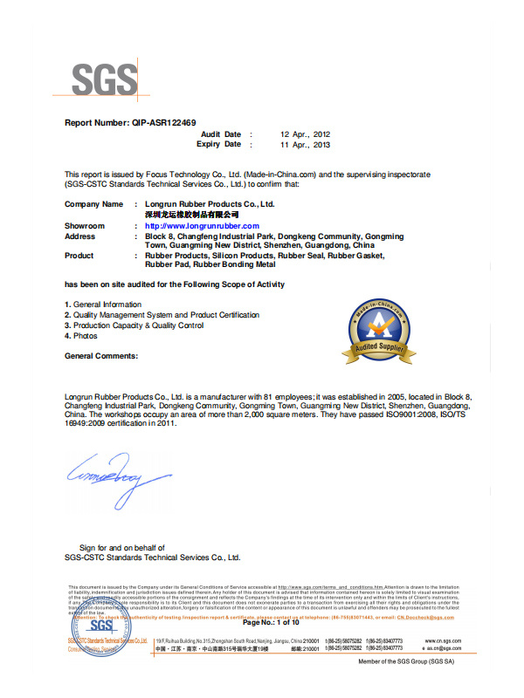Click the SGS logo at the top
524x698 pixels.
(x=104, y=80)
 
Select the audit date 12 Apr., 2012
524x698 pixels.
(x=305, y=134)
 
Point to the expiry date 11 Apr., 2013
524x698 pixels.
(x=305, y=145)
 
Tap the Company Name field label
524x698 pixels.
(x=93, y=203)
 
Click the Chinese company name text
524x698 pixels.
(x=192, y=214)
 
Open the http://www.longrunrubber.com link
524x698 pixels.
(x=202, y=226)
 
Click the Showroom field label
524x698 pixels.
(x=85, y=226)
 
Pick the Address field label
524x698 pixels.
(x=80, y=236)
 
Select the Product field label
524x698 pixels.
(x=79, y=256)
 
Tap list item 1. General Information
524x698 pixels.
(x=103, y=305)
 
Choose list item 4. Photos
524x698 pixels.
(x=81, y=336)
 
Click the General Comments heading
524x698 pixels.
(x=101, y=356)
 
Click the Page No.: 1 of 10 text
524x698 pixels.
(x=271, y=622)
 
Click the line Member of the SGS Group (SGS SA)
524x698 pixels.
(x=406, y=662)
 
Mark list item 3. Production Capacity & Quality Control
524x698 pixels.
(x=134, y=325)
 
